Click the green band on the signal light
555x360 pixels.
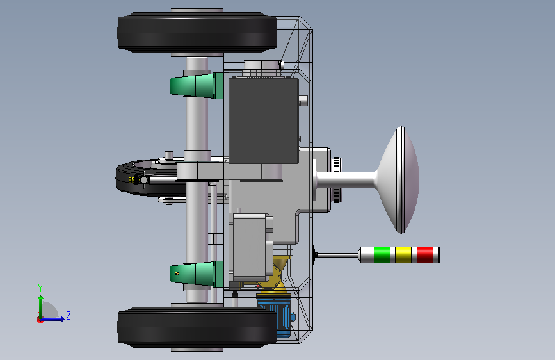382,255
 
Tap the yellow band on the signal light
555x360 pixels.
403,255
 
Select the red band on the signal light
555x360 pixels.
425,255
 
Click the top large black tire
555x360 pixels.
197,33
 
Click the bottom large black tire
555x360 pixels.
197,327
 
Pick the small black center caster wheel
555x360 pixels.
149,178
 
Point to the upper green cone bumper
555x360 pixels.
197,86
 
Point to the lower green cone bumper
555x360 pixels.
197,274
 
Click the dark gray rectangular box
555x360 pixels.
264,121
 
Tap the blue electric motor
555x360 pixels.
275,315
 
